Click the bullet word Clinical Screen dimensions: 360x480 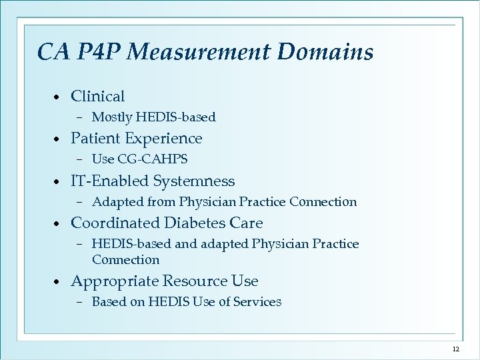click(97, 97)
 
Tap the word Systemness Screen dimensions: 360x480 click(194, 181)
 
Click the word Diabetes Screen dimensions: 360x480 click(199, 223)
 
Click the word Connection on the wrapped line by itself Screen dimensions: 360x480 click(125, 259)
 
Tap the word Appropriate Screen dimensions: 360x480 click(114, 281)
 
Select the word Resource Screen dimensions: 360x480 click(194, 281)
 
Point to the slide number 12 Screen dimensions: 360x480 click(456, 349)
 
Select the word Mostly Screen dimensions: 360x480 click(111, 117)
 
